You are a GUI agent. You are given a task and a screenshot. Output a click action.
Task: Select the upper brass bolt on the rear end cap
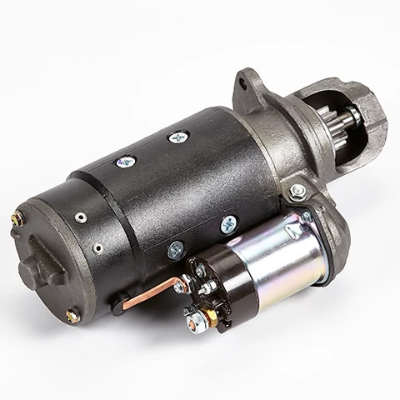[16, 220]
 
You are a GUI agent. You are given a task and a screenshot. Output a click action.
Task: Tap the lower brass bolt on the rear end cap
[73, 314]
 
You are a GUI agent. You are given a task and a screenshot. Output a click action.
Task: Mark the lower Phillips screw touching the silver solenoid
[228, 224]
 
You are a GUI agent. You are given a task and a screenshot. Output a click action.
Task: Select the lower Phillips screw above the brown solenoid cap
[175, 248]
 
